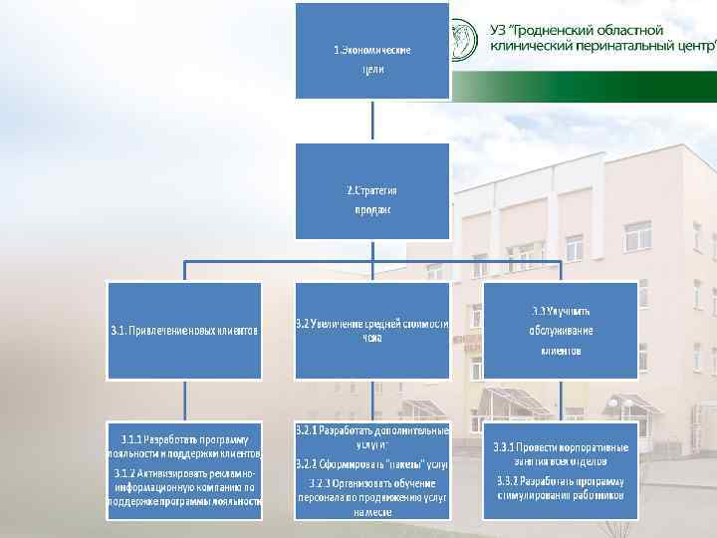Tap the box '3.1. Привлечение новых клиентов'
184,330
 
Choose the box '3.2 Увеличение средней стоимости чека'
371,330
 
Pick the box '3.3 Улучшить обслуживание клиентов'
560,330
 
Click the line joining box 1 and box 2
371,121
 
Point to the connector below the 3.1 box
184,401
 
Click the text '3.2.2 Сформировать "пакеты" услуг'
371,464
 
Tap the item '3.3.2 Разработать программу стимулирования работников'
560,487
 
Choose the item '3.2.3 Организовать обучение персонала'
371,496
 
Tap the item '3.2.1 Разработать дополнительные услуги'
371,437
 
